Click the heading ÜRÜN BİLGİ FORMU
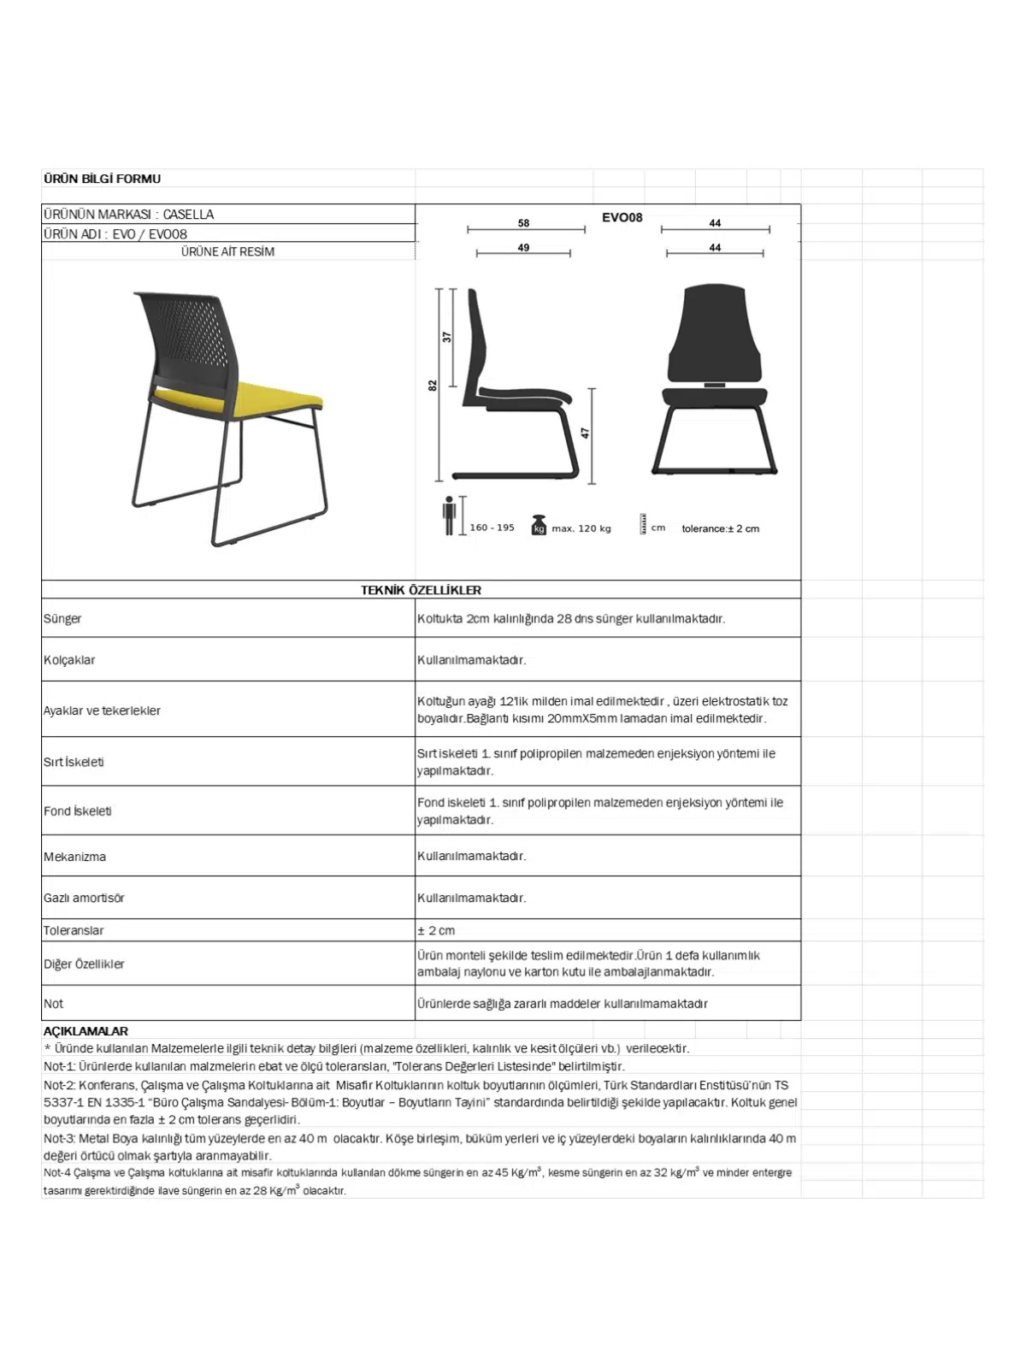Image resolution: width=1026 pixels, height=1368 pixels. tap(102, 179)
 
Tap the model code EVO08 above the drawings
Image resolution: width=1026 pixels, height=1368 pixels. tap(622, 217)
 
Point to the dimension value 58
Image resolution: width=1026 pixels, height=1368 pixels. tap(523, 223)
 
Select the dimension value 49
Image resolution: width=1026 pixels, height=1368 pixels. tap(523, 248)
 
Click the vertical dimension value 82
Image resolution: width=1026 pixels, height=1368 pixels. tap(433, 386)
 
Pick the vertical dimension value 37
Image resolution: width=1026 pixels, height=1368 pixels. tap(446, 337)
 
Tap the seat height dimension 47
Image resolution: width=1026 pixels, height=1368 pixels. tap(586, 433)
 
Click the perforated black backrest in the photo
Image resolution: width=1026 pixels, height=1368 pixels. tap(188, 333)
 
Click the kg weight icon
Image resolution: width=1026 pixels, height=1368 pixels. tap(539, 525)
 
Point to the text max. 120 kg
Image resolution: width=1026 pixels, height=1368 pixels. tap(581, 528)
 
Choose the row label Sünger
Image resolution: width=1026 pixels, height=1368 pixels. tap(62, 618)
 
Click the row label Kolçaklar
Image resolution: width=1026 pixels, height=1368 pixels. tap(69, 660)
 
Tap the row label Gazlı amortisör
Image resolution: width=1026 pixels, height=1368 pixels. tap(84, 898)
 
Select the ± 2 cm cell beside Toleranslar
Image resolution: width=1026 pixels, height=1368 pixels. tap(436, 930)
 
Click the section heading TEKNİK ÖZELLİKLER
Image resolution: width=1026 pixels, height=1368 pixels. tap(421, 590)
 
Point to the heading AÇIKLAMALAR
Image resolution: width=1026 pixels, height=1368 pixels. tap(85, 1031)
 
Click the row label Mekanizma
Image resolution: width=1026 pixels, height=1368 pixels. tap(74, 857)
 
